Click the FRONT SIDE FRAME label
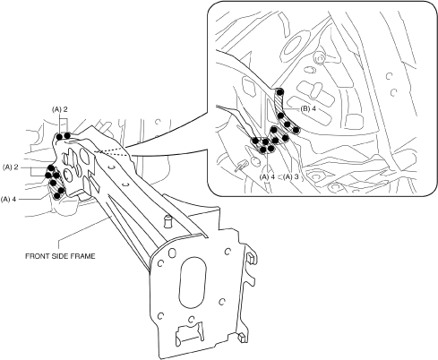pos(60,256)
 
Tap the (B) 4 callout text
pos(308,108)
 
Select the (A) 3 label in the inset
pos(291,176)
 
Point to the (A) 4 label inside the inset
pos(267,176)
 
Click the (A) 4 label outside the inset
pos(9,199)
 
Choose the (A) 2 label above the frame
pos(60,109)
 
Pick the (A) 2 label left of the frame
pos(11,167)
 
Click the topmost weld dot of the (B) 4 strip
pos(279,92)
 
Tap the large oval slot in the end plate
pos(193,283)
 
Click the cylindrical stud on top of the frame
pos(167,222)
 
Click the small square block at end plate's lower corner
pos(242,337)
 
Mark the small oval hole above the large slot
pos(172,253)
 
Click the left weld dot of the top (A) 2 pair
pos(59,137)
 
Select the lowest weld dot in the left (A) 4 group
pos(56,196)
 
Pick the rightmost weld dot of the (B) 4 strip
pos(296,130)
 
